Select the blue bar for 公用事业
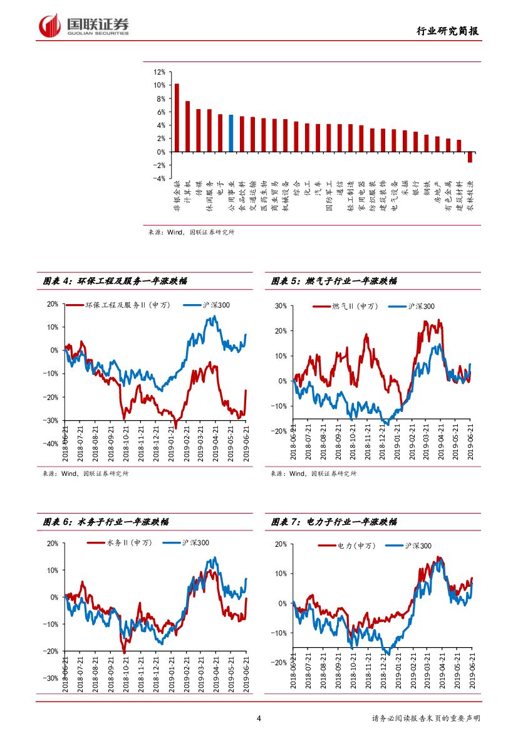click(231, 133)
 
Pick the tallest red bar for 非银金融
click(177, 117)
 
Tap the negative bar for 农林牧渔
click(470, 157)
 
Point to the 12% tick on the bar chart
click(159, 71)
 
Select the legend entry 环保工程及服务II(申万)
click(125, 305)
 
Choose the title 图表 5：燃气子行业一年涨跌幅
click(334, 282)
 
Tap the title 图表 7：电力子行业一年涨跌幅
click(334, 522)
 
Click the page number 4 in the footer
click(259, 718)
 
